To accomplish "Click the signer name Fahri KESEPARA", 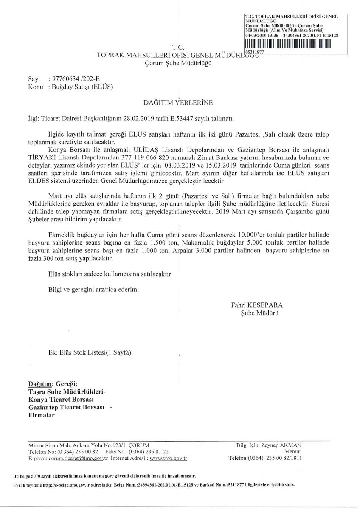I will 257,305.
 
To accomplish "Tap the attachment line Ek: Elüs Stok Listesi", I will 90,353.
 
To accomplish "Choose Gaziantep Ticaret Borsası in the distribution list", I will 66,407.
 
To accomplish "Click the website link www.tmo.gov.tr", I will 169,459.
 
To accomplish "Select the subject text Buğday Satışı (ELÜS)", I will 81,86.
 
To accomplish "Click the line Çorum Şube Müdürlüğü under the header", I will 177,64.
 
